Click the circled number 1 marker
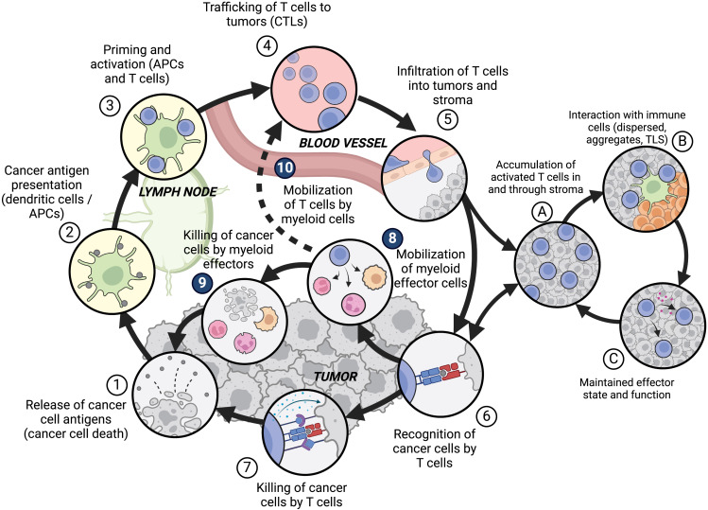point(114,385)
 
